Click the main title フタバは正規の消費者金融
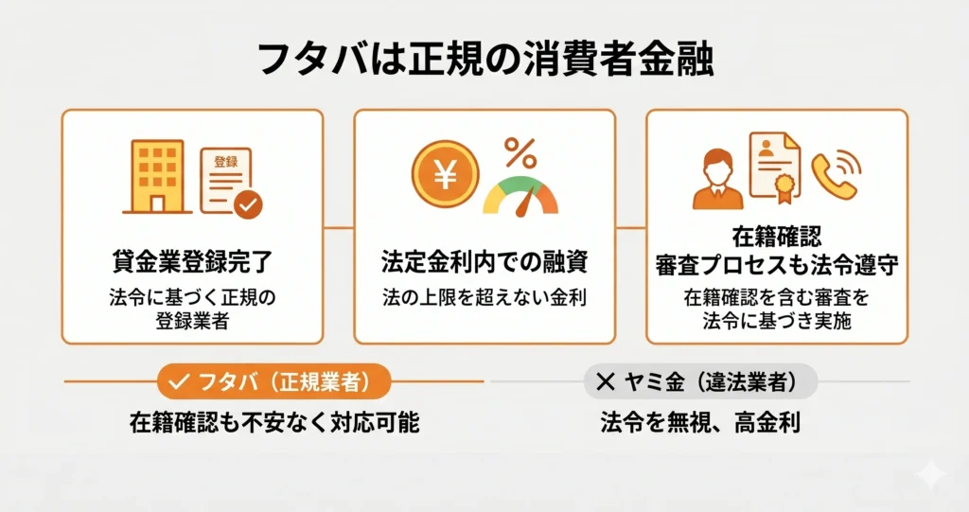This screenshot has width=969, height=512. click(485, 60)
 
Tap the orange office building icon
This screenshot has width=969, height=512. click(157, 177)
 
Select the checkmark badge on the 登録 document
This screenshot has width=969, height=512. click(248, 204)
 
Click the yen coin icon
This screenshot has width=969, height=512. click(445, 174)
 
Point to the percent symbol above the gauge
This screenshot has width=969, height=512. click(520, 152)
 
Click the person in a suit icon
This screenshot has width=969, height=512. click(717, 179)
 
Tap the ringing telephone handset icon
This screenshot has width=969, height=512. click(836, 174)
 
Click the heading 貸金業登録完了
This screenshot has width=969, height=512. click(192, 261)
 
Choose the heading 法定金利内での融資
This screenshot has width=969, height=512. click(484, 261)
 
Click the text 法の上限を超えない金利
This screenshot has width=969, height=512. click(484, 297)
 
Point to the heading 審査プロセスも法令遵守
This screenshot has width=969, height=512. click(777, 265)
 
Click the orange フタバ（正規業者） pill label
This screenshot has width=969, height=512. click(273, 381)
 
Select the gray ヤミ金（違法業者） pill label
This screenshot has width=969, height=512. click(701, 381)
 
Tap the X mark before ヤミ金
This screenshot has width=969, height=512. click(606, 382)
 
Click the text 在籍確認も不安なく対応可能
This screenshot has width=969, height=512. click(274, 423)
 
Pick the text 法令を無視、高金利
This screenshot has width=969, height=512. click(701, 423)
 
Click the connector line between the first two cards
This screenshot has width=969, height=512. click(339, 227)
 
